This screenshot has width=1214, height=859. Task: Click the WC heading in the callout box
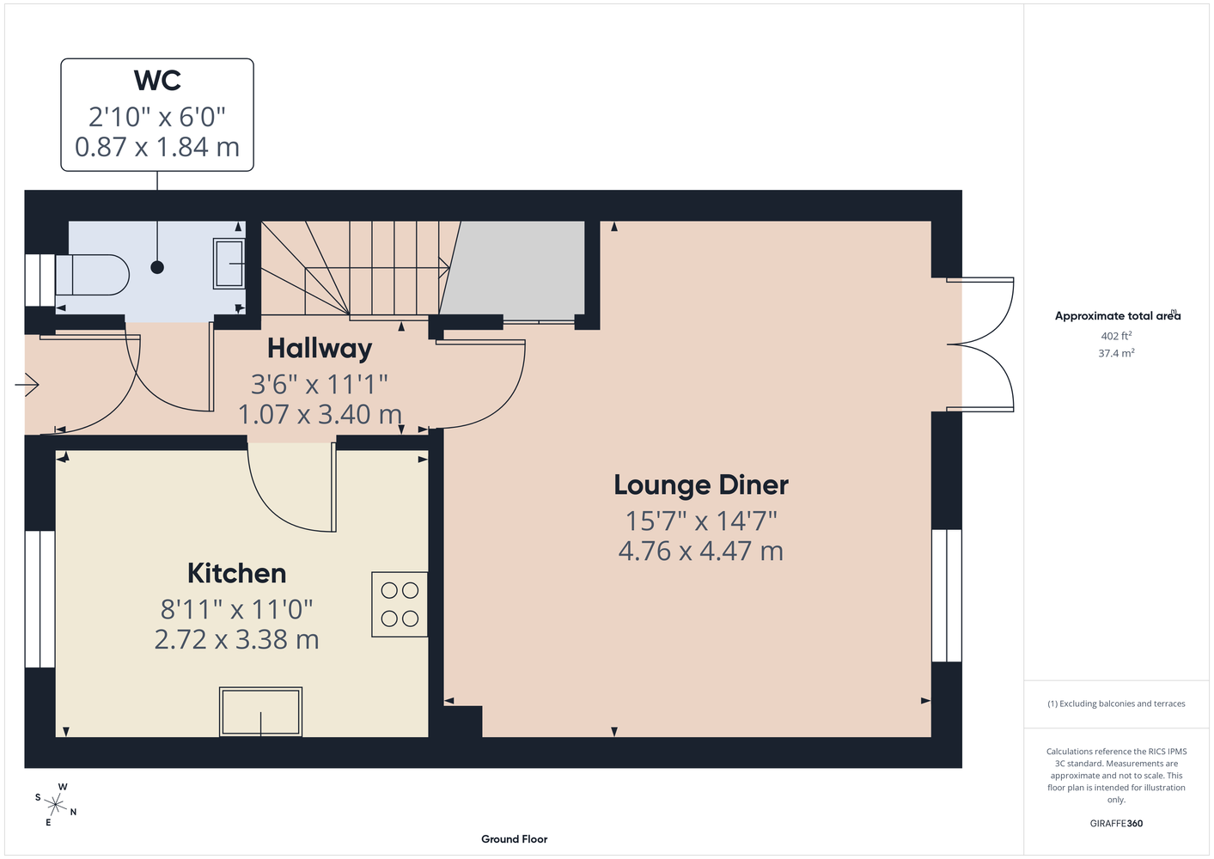point(157,81)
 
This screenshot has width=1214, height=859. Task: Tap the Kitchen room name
point(237,574)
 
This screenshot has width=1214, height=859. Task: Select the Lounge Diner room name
point(701,485)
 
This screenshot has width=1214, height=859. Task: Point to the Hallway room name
point(320,349)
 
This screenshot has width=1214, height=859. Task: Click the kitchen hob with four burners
point(400,604)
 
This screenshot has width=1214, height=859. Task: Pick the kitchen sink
point(260,711)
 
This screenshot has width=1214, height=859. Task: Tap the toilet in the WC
point(92,275)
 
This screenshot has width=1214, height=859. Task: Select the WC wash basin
point(229,264)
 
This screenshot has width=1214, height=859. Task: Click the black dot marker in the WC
point(157,267)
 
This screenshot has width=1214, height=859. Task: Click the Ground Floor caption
point(515,839)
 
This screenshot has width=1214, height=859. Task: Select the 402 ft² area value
point(1116,336)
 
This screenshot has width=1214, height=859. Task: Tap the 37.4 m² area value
point(1116,353)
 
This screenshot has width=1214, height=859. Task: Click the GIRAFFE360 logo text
point(1116,823)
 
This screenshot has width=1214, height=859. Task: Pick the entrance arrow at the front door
point(27,386)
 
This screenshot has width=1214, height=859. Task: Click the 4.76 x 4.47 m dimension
point(701,551)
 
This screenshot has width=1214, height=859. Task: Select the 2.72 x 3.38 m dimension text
point(237,639)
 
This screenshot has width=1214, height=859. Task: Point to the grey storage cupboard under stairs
point(514,268)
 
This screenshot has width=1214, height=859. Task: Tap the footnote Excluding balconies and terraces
point(1116,704)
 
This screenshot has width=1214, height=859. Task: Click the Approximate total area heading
point(1118,316)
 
